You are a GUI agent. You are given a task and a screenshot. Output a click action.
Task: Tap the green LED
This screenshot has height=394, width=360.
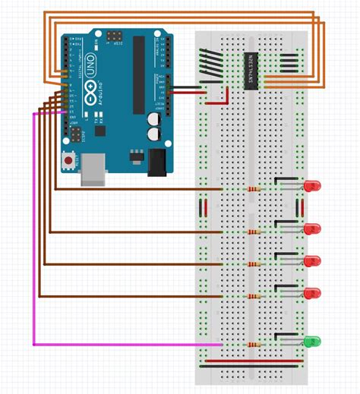click(312, 342)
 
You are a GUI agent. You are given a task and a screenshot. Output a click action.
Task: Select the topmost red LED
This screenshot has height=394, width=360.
click(312, 186)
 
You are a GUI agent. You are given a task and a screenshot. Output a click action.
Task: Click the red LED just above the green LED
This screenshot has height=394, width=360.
click(312, 293)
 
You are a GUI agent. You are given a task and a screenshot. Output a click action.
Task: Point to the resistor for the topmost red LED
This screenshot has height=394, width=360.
click(251, 189)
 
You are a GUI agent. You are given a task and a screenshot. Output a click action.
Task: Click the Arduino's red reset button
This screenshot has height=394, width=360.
click(69, 161)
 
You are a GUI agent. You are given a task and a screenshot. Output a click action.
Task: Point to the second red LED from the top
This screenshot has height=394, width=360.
click(312, 229)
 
